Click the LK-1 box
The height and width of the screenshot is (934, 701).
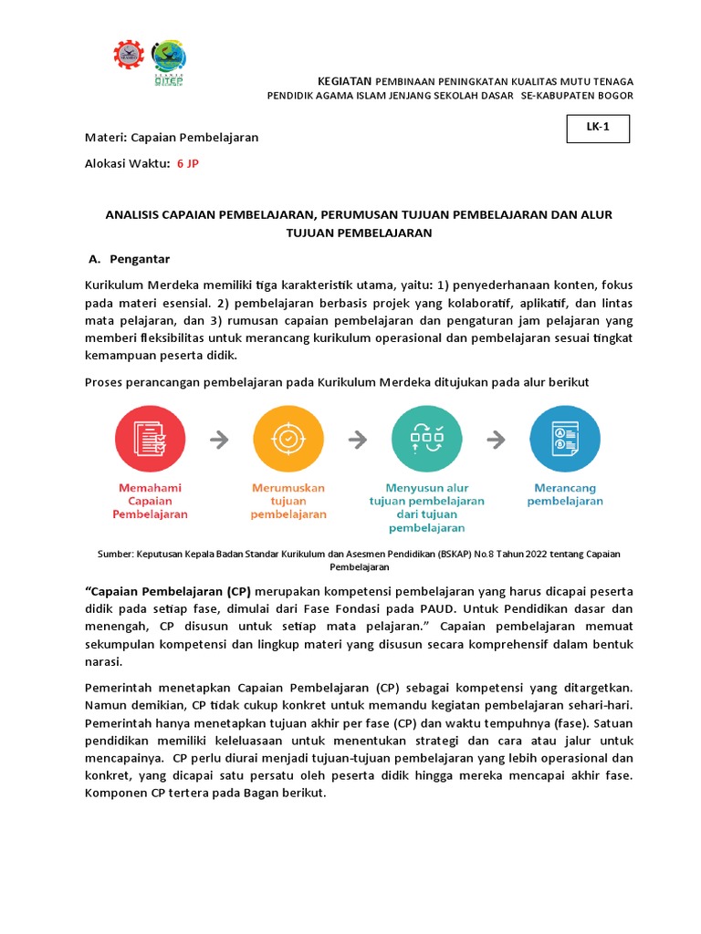[597, 129]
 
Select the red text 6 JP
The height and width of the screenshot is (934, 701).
[187, 162]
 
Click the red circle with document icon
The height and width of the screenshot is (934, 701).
[150, 439]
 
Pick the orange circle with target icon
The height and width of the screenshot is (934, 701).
[288, 439]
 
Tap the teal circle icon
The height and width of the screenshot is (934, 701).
[426, 439]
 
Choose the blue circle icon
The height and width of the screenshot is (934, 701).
[565, 439]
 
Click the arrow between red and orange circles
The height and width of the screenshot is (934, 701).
[219, 440]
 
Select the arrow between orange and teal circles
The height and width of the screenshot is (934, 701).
[357, 440]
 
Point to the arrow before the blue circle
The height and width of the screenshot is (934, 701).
[496, 440]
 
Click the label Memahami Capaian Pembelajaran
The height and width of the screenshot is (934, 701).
[150, 501]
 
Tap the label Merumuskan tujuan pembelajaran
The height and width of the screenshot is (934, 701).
[288, 501]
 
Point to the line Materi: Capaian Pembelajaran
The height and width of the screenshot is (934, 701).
[172, 137]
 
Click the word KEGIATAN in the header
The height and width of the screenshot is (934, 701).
[345, 81]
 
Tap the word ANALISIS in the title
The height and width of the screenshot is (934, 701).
[131, 214]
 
